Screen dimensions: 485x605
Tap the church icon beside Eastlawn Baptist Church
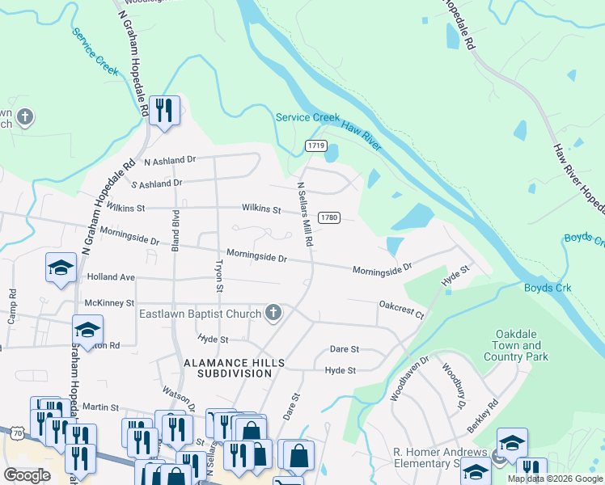pos(273,313)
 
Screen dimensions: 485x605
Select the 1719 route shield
pos(316,145)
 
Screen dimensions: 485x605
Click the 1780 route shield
pos(328,217)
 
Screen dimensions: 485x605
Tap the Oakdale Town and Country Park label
pos(520,345)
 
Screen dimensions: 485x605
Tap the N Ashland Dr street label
pos(170,161)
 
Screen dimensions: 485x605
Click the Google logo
pos(27,474)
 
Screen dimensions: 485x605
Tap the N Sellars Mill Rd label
pos(304,213)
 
